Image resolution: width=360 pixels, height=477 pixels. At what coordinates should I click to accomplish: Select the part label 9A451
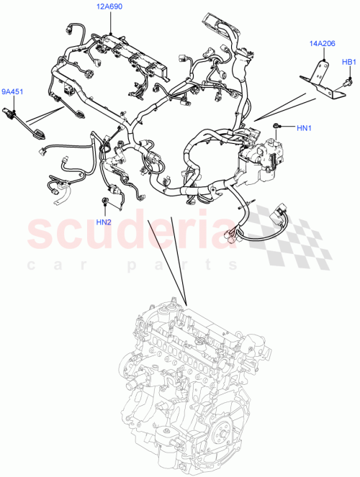(12, 91)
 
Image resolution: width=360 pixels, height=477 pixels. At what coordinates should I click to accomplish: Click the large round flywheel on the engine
(235, 446)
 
